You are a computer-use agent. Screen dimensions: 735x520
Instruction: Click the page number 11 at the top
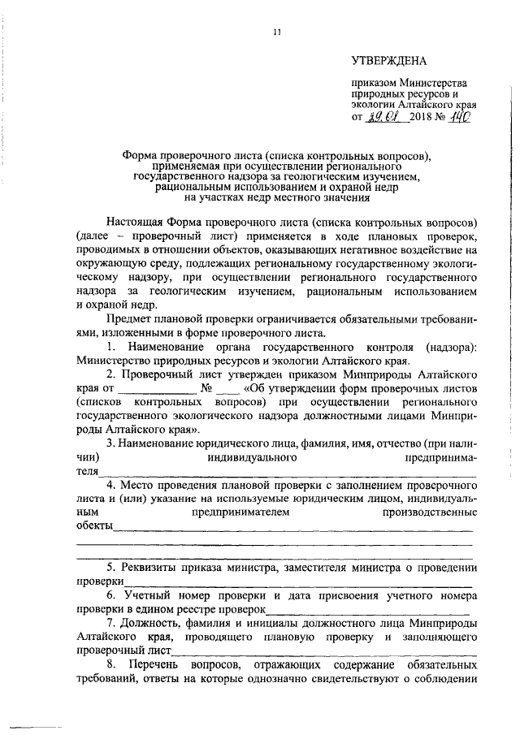coord(277,32)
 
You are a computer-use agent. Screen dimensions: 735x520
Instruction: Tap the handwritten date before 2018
coord(382,117)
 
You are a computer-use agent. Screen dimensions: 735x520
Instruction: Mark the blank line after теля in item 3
coord(284,471)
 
